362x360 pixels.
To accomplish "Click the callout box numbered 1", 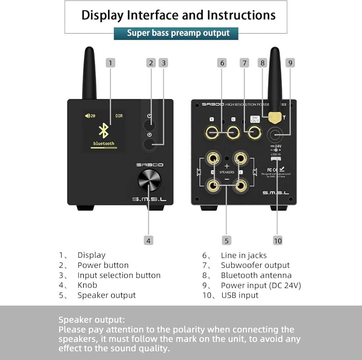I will coord(111,63).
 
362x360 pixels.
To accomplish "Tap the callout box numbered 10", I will coord(277,241).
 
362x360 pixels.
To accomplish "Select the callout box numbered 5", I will coord(226,241).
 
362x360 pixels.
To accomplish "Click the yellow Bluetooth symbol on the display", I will coord(104,131).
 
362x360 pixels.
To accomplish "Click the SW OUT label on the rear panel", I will coord(255,119).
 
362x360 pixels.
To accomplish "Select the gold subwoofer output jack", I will coord(255,132).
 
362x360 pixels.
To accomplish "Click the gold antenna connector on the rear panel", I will coord(275,118).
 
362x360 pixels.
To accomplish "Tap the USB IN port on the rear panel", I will coord(276,158).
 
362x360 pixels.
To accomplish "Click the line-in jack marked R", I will coord(212,132).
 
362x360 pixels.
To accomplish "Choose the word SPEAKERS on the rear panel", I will coord(227,172).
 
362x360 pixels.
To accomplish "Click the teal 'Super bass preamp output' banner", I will coord(176,33).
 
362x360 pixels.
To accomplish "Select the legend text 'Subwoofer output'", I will coord(255,265).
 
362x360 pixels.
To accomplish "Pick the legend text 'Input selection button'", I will coord(119,275).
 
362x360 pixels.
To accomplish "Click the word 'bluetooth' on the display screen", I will coord(104,144).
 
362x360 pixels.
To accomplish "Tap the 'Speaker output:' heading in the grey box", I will coord(92,320).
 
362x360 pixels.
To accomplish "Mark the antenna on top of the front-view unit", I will coord(89,73).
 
